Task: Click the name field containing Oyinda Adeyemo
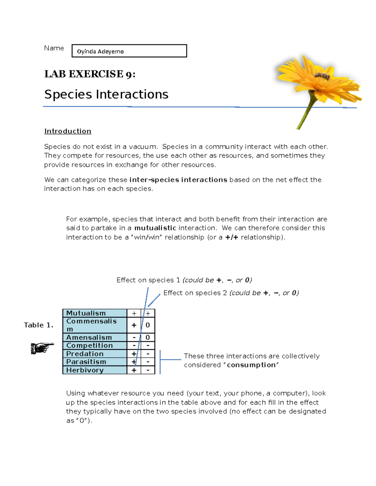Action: click(129, 51)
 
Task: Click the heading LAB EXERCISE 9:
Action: click(90, 74)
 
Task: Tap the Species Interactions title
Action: click(106, 95)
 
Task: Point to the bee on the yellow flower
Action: click(322, 76)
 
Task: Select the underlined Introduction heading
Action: click(68, 131)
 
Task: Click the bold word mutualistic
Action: click(155, 228)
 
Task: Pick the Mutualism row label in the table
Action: click(86, 313)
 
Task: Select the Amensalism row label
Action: click(89, 337)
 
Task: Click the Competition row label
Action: click(90, 345)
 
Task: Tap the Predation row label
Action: click(85, 354)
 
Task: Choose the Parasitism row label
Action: click(86, 362)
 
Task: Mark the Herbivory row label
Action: click(85, 370)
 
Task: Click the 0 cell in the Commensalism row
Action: click(148, 325)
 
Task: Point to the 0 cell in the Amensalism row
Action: click(148, 337)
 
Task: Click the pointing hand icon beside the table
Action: click(42, 348)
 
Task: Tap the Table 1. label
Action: click(39, 325)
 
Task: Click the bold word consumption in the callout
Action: click(251, 365)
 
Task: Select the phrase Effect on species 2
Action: click(192, 293)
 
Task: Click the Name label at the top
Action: click(54, 48)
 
